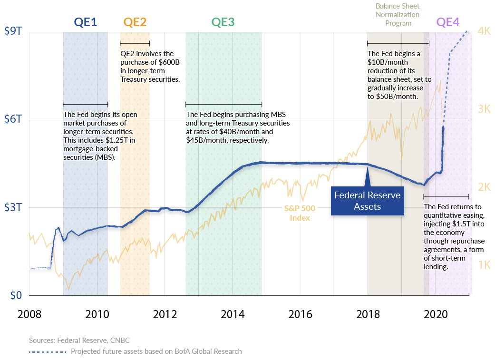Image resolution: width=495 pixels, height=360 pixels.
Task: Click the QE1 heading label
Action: (86, 22)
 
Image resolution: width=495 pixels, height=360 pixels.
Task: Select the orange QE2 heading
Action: (135, 22)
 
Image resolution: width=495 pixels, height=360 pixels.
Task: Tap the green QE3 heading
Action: (223, 22)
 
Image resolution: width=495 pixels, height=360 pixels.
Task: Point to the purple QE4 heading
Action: (448, 22)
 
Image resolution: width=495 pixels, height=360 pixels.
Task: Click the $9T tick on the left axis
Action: (13, 32)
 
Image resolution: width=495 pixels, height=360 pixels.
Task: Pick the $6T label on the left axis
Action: (13, 120)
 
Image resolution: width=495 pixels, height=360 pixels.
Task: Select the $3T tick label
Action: (13, 207)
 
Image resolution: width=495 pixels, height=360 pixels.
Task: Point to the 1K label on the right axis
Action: (484, 265)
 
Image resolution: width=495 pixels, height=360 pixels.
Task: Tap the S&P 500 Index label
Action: (300, 213)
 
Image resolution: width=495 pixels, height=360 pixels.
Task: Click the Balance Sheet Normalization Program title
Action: (398, 15)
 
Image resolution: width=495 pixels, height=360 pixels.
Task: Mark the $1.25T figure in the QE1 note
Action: (123, 140)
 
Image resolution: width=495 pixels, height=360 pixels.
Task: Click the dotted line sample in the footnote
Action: (48, 351)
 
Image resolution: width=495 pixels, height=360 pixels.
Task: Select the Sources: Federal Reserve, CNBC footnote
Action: (79, 341)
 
